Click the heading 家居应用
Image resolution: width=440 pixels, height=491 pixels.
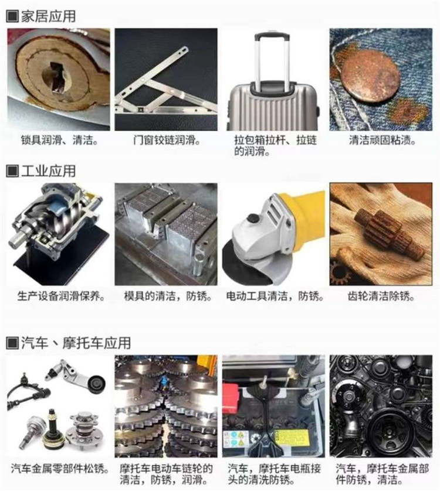pos(48,16)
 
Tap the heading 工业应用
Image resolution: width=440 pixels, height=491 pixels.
pos(48,171)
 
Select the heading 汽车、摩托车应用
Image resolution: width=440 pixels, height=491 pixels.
pos(76,343)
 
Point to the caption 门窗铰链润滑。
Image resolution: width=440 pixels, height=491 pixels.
pos(167,140)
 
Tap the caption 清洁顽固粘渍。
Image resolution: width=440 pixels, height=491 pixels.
pos(383,140)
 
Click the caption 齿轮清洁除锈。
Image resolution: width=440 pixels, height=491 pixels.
pos(381,296)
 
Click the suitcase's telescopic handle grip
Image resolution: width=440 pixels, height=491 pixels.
pos(272,37)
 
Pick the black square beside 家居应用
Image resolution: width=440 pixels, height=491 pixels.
pos(12,16)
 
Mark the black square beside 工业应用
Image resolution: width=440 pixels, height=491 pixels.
pos(12,171)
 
